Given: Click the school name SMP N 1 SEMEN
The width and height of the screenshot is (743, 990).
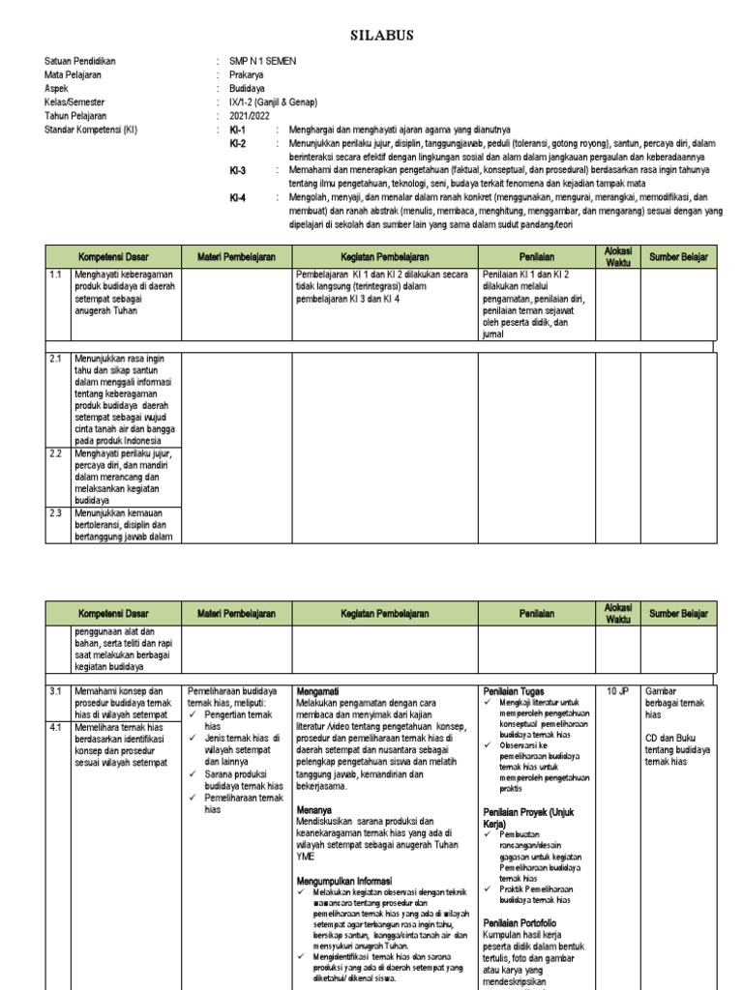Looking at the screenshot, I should point(263,61).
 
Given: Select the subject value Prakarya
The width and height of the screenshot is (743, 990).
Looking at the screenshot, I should point(248,74).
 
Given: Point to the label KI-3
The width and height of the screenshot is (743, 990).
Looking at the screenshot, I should point(238,170).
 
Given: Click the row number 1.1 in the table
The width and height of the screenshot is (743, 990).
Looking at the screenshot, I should point(56,276).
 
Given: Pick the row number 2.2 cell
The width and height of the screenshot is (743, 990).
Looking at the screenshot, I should point(56,452).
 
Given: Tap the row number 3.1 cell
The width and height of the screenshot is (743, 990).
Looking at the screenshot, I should point(56,691).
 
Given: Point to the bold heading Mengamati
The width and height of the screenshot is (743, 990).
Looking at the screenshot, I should point(317,691).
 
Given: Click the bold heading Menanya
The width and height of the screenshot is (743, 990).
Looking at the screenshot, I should point(314,811).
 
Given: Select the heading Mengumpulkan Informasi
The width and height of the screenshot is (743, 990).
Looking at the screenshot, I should point(343,882).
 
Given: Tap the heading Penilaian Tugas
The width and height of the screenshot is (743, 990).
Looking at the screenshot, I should point(514,691).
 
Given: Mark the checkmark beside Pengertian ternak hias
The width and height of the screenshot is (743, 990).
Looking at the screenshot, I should point(194,715).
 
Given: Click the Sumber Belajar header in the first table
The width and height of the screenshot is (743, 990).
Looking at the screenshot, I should point(677,257).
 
